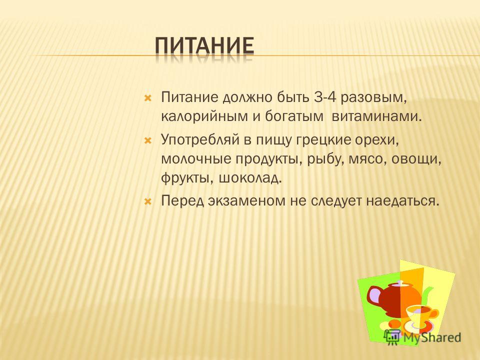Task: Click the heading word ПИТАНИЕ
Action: pos(204,46)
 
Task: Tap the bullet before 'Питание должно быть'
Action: pos(148,98)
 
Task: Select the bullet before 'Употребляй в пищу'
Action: pos(148,141)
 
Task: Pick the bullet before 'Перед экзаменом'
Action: pos(148,201)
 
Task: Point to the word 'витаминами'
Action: pos(377,116)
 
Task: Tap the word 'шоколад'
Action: pos(250,178)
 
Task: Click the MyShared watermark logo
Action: pos(422,338)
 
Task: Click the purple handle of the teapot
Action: pos(375,295)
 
